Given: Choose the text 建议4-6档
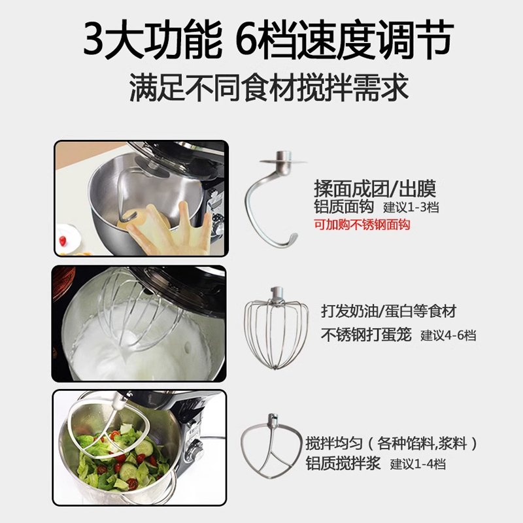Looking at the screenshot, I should [448, 335].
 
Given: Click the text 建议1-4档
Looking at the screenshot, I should [418, 464].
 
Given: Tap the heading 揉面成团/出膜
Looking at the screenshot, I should [374, 190].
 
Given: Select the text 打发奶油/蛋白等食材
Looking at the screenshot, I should [388, 311].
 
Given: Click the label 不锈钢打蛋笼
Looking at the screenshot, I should [366, 335].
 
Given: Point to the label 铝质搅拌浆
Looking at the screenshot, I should [345, 464].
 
